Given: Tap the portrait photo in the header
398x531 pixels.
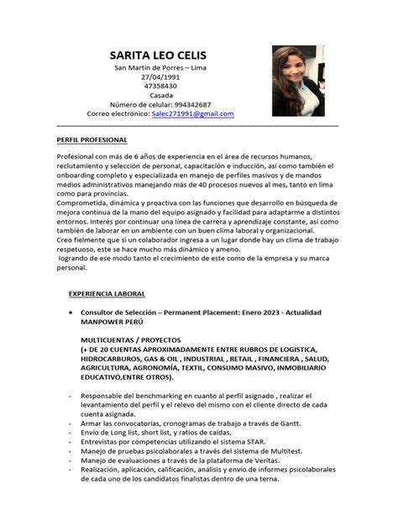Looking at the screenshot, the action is pyautogui.click(x=299, y=81).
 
